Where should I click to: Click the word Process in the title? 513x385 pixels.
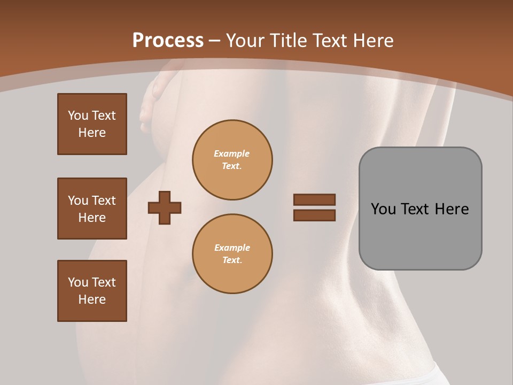168,41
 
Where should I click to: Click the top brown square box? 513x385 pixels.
92,124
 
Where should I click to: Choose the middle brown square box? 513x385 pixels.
92,209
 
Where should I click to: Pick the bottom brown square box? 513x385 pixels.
92,291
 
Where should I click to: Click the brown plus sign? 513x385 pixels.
164,207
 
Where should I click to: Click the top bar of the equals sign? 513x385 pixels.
314,199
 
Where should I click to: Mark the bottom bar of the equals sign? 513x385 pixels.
314,215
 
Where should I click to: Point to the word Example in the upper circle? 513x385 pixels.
232,153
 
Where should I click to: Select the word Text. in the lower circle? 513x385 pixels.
232,260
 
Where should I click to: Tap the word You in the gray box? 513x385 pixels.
383,209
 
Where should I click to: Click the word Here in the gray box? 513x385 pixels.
452,209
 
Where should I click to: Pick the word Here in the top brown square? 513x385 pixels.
92,133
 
